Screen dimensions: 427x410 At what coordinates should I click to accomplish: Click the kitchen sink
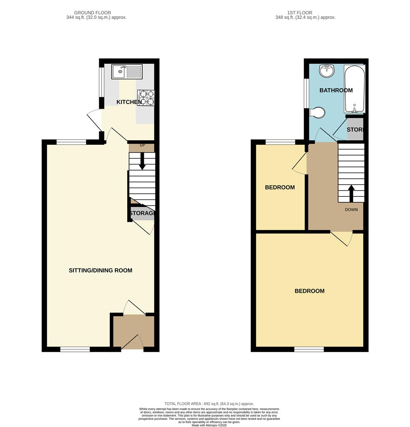point(126,72)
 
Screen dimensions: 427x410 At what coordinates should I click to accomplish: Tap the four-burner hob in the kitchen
point(146,98)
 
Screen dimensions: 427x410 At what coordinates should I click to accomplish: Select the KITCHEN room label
point(129,102)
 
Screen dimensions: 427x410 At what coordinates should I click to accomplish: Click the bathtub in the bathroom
point(354,90)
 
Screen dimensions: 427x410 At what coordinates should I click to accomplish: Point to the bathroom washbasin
point(327,71)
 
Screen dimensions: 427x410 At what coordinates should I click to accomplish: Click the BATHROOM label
point(336,90)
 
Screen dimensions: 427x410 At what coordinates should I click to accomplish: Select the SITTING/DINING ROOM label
point(100,270)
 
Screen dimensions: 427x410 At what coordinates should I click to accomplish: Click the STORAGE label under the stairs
point(141,213)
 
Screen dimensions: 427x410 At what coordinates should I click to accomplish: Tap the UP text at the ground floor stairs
point(142,145)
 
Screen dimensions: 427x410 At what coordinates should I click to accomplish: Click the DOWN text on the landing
point(351,210)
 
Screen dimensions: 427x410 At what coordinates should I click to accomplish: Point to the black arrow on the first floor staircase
point(351,193)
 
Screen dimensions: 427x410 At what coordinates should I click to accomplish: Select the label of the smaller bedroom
point(280,187)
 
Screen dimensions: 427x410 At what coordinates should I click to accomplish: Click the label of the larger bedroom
point(309,291)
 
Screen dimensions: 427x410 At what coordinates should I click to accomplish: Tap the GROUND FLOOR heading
point(92,13)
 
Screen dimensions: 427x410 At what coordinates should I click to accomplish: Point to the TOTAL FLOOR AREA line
point(209,404)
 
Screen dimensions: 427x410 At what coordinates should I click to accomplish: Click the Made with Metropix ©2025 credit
point(209,425)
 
